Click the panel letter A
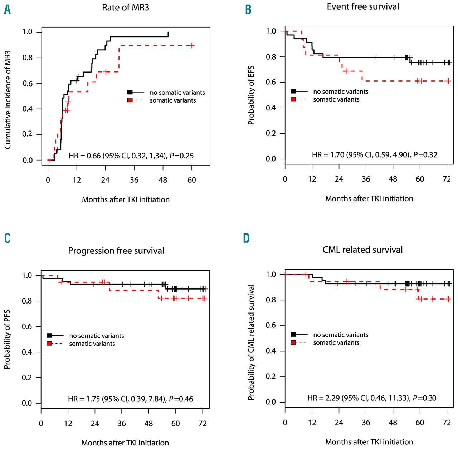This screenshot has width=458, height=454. pos(7,10)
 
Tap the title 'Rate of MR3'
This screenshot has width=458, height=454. pos(125,8)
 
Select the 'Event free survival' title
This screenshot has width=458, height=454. pos(363,6)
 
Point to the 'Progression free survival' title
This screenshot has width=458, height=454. pos(116,251)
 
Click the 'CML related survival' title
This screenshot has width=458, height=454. pos(362,250)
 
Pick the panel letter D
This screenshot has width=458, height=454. pos(246,238)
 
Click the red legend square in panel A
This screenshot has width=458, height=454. pos(130,100)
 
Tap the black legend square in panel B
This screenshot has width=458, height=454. pos(293,91)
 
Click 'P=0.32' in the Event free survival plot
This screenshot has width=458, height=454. pos(425,155)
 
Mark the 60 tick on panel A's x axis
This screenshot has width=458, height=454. pos(192,180)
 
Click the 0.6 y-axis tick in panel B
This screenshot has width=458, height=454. pos(271,82)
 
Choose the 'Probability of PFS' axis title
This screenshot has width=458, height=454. pos(7,339)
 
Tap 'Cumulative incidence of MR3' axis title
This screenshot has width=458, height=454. pos(8,100)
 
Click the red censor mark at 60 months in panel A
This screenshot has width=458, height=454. pos(192,45)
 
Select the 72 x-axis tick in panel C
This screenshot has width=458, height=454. pos(203,424)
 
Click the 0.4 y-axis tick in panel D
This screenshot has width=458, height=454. pos(271,351)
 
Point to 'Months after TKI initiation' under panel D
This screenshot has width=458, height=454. pos(369,442)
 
